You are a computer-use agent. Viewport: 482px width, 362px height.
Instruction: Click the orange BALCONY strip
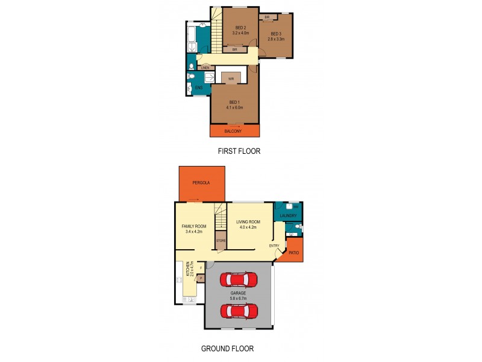tap(234, 130)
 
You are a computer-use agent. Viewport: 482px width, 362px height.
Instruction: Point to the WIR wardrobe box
tap(231, 78)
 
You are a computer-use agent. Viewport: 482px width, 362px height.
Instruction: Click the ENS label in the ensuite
tap(199, 88)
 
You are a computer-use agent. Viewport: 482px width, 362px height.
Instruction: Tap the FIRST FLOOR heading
tap(239, 151)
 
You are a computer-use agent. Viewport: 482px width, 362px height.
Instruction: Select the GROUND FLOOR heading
tap(227, 348)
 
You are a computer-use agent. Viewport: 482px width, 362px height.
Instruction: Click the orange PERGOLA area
tap(202, 182)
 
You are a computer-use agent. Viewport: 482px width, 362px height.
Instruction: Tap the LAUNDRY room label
tap(289, 215)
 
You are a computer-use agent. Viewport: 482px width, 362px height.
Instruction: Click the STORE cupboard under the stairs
tap(221, 241)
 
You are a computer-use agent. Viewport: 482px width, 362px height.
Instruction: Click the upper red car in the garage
tap(238, 280)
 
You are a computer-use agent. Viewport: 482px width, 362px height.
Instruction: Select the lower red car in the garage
tap(238, 311)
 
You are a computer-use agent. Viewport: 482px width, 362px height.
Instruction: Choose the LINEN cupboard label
tap(205, 68)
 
